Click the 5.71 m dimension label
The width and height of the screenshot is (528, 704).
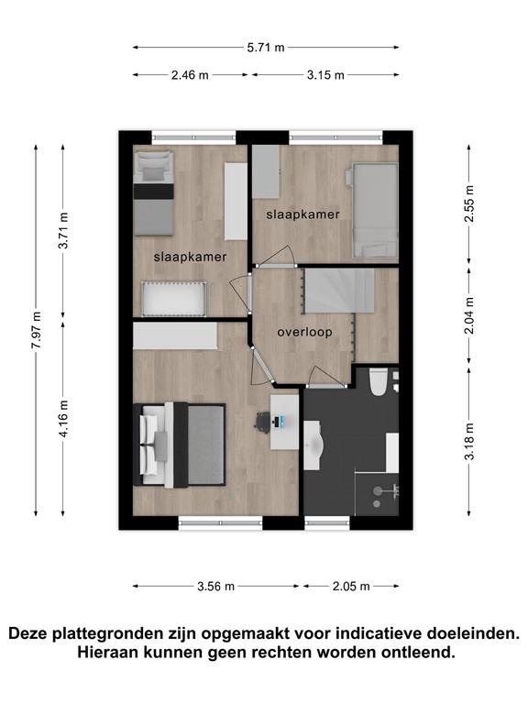pos(266,47)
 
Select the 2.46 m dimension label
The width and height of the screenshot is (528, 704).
pos(190,75)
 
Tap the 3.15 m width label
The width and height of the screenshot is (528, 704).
pos(325,75)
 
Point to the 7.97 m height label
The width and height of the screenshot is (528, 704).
pos(37,330)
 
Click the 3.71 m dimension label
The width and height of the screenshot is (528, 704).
pos(63,231)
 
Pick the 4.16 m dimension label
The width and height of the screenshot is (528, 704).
pos(63,418)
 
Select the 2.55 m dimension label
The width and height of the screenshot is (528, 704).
pos(469,203)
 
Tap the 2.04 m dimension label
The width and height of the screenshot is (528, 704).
pos(469,315)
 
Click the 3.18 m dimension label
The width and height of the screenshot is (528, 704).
pos(469,441)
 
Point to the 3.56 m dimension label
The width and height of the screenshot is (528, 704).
pos(216,587)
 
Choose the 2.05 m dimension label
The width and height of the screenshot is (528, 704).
pos(351,587)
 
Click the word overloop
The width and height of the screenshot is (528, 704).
pos(305,332)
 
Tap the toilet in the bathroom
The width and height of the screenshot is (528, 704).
pos(379,381)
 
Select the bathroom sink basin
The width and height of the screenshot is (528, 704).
pos(314,445)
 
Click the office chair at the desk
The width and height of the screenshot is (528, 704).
pos(263,422)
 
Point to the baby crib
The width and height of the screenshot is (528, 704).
pos(174,299)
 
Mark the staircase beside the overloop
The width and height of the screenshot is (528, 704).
pos(339,291)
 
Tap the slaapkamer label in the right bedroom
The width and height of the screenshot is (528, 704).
pos(303,214)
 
